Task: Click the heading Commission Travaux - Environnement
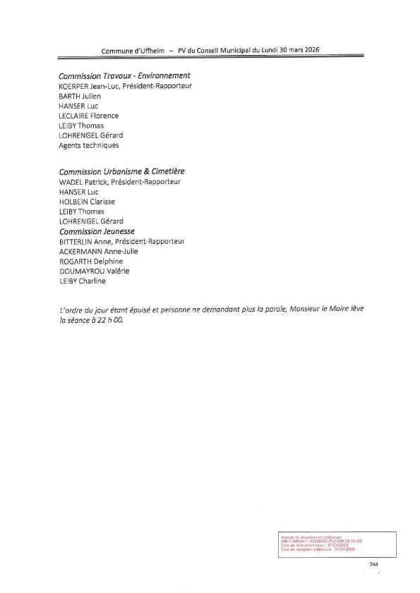(x=125, y=75)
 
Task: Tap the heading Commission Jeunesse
(x=97, y=231)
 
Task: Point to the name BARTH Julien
(x=80, y=96)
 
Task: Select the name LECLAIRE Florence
(x=89, y=116)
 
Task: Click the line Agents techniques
(x=89, y=145)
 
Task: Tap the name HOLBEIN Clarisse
(x=88, y=201)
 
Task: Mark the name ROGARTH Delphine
(x=90, y=261)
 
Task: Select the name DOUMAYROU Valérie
(x=95, y=271)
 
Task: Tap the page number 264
(x=374, y=565)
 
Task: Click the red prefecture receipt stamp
(x=320, y=544)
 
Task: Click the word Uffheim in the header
(x=150, y=51)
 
